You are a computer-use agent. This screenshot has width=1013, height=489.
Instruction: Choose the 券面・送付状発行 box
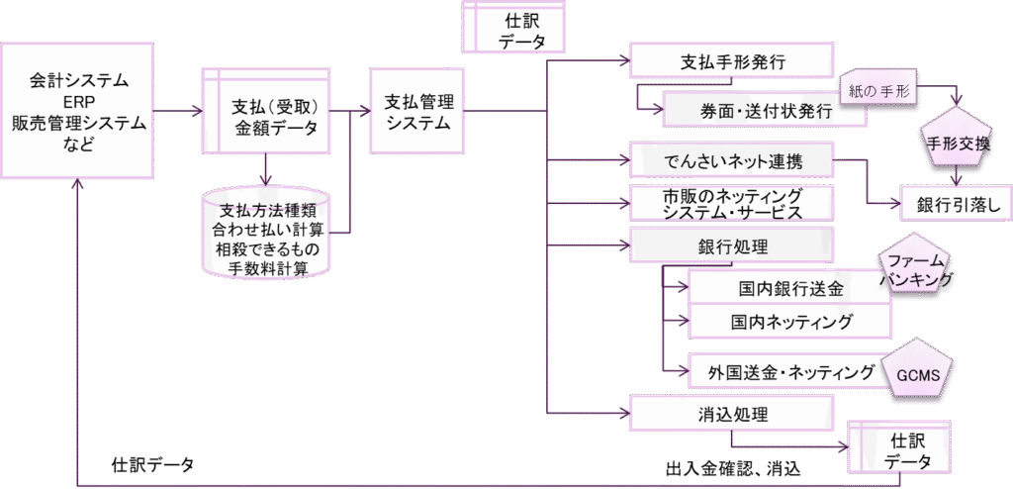(x=763, y=111)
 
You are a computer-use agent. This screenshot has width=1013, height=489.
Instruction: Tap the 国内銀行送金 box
(x=789, y=289)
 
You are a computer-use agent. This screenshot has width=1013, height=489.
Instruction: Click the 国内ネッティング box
(x=789, y=323)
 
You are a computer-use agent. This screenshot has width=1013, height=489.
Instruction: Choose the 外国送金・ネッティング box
(x=789, y=372)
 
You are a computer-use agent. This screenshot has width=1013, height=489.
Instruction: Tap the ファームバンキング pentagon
(x=917, y=268)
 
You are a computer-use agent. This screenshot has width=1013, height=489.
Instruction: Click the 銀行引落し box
(x=955, y=204)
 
